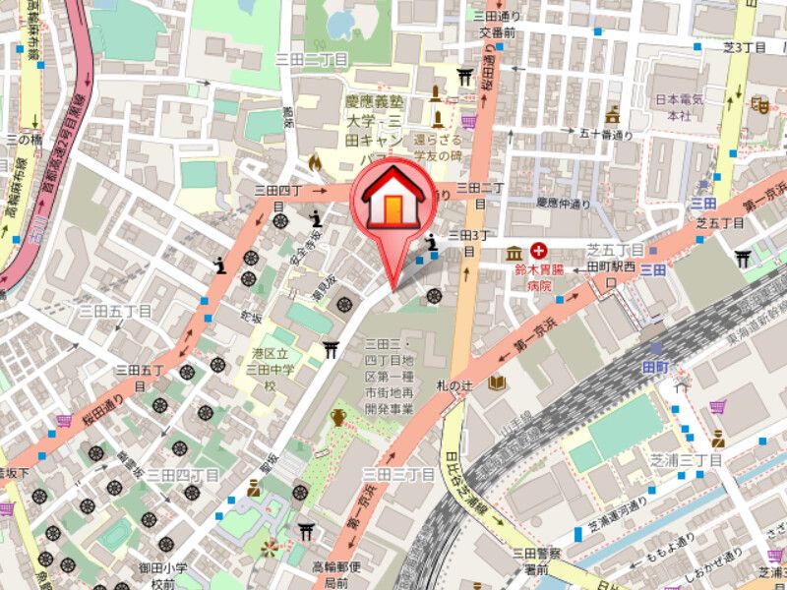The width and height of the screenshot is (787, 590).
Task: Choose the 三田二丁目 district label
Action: (x=312, y=60)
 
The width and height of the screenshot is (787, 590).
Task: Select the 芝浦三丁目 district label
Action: (x=686, y=459)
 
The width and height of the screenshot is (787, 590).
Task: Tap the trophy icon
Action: (x=338, y=418)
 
